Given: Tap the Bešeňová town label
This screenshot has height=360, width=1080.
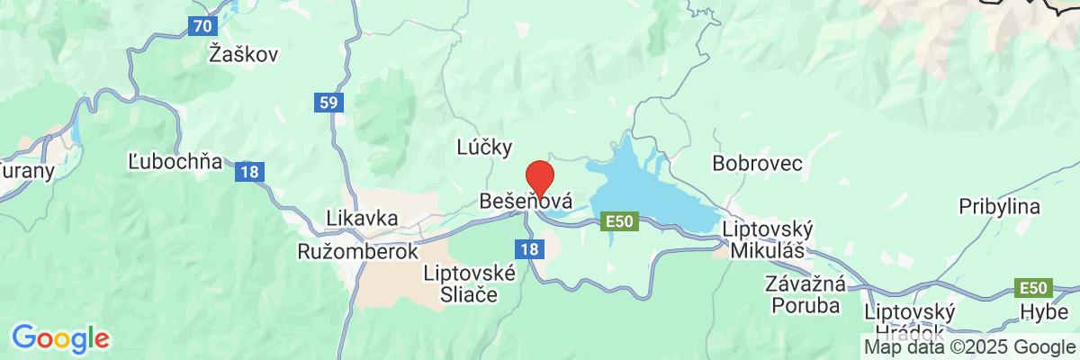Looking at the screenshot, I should point(526,199).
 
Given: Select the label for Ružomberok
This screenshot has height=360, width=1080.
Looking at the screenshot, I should point(358,252).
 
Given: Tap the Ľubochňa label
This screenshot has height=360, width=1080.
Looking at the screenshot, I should point(175,164).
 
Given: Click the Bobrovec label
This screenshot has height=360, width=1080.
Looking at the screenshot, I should point(757,163).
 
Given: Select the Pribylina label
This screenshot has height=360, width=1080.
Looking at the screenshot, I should point(999,205).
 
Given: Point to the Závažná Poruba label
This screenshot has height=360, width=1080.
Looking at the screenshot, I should point(805,295).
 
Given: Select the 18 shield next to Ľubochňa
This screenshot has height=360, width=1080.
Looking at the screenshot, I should point(248,171).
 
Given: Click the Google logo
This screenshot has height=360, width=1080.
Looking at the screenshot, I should point(60,338).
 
